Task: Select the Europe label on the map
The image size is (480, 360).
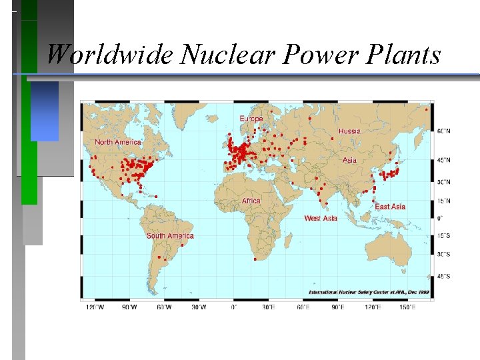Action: point(251,118)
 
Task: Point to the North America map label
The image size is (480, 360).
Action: point(118,142)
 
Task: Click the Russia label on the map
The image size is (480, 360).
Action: point(349,131)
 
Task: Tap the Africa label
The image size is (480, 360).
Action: point(251,201)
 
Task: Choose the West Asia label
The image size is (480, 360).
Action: point(321,218)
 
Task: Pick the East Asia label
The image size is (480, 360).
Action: point(390,207)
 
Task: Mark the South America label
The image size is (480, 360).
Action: point(170,235)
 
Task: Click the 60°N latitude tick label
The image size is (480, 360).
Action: point(444,131)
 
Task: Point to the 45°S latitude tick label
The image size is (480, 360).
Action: point(443,276)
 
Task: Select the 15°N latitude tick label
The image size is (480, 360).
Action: point(443,201)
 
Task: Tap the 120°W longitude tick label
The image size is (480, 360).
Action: point(95,307)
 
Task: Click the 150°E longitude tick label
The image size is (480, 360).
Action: point(407,307)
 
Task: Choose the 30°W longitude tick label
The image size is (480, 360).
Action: point(199,307)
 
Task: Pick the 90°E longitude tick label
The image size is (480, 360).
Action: point(338,307)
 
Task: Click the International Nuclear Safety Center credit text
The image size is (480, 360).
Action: point(367,292)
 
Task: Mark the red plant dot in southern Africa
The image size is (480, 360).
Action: point(255,259)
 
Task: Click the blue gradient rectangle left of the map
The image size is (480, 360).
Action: point(45,111)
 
